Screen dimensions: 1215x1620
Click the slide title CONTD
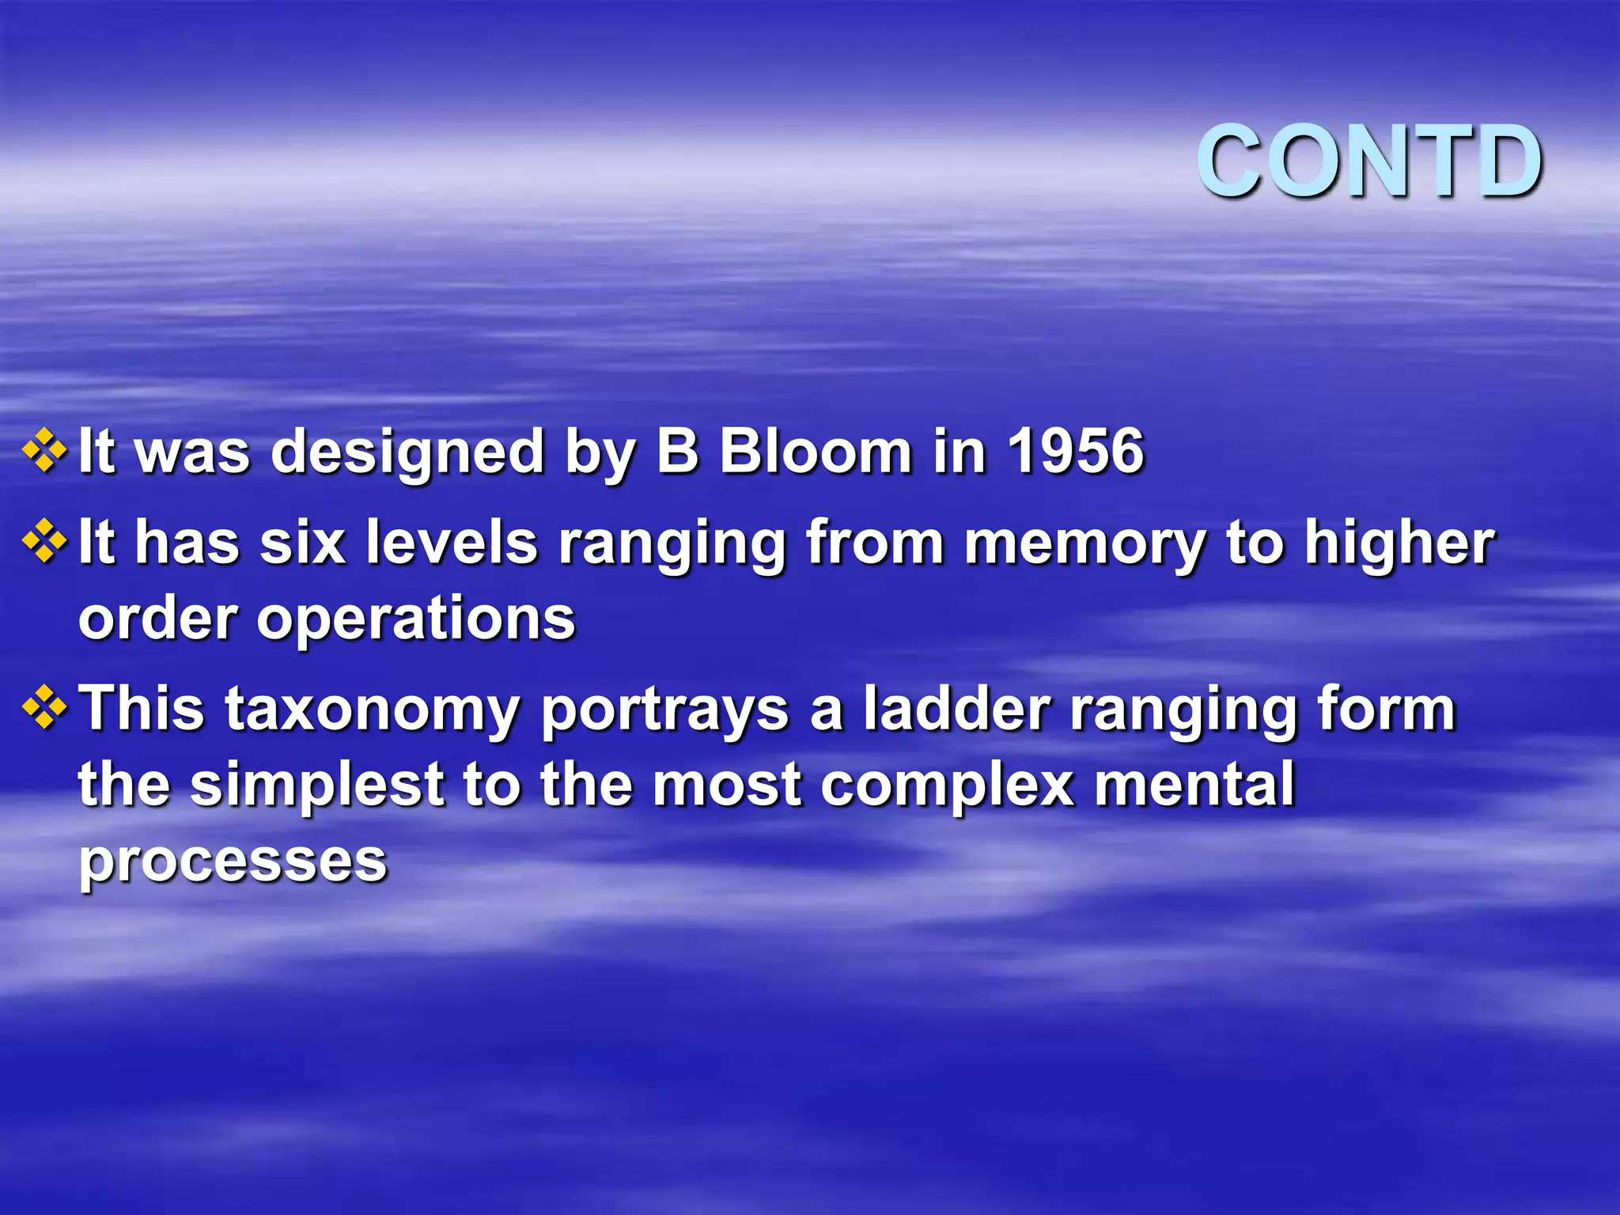pyautogui.click(x=1369, y=162)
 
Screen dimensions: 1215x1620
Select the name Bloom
pyautogui.click(x=816, y=452)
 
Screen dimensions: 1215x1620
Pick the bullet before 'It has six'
pyautogui.click(x=45, y=542)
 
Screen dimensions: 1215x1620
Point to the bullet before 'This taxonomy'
pyautogui.click(x=45, y=706)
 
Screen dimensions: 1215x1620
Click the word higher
pyautogui.click(x=1399, y=544)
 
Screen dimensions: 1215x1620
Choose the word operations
pyautogui.click(x=416, y=619)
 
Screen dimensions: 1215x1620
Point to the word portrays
pyautogui.click(x=665, y=710)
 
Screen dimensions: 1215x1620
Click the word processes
pyautogui.click(x=233, y=862)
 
